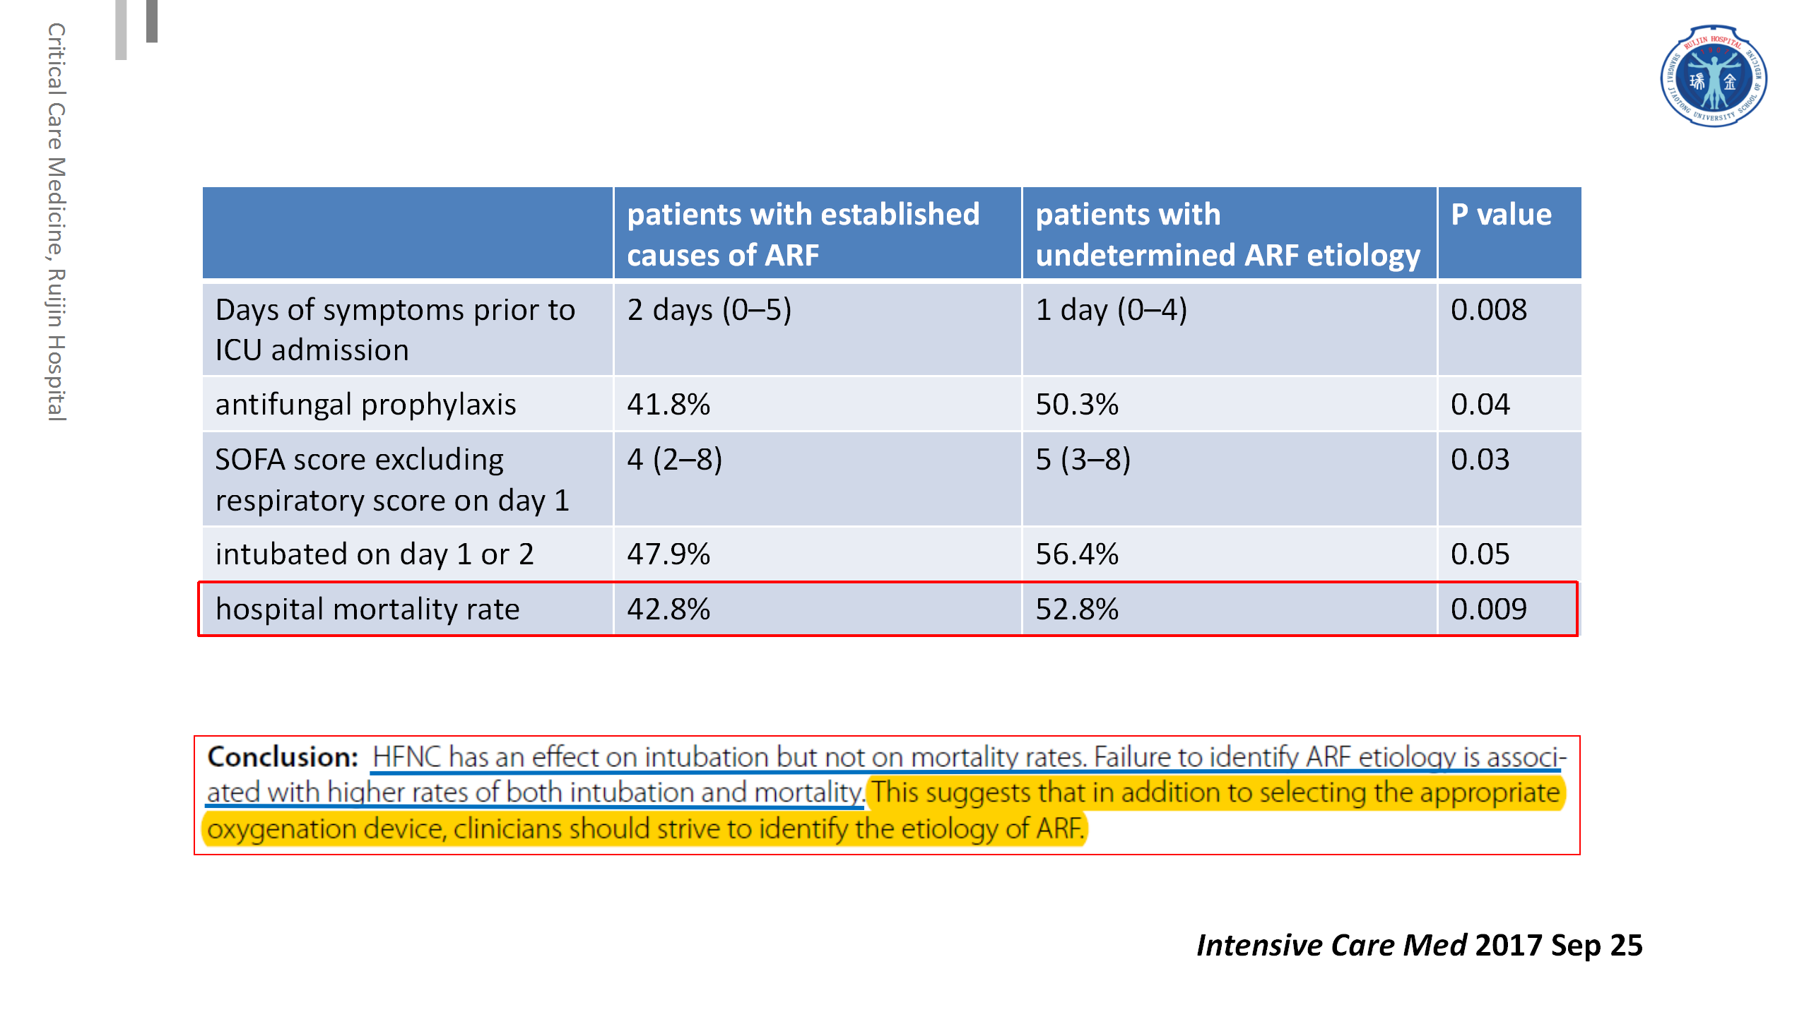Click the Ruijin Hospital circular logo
tap(1714, 76)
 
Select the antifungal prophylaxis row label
tap(365, 405)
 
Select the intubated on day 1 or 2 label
tap(375, 554)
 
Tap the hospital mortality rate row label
tap(367, 609)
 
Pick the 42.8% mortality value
tap(668, 609)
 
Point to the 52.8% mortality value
tap(1077, 609)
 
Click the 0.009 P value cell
tap(1488, 609)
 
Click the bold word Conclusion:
tap(283, 757)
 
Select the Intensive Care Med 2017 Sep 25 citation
tap(1420, 945)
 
